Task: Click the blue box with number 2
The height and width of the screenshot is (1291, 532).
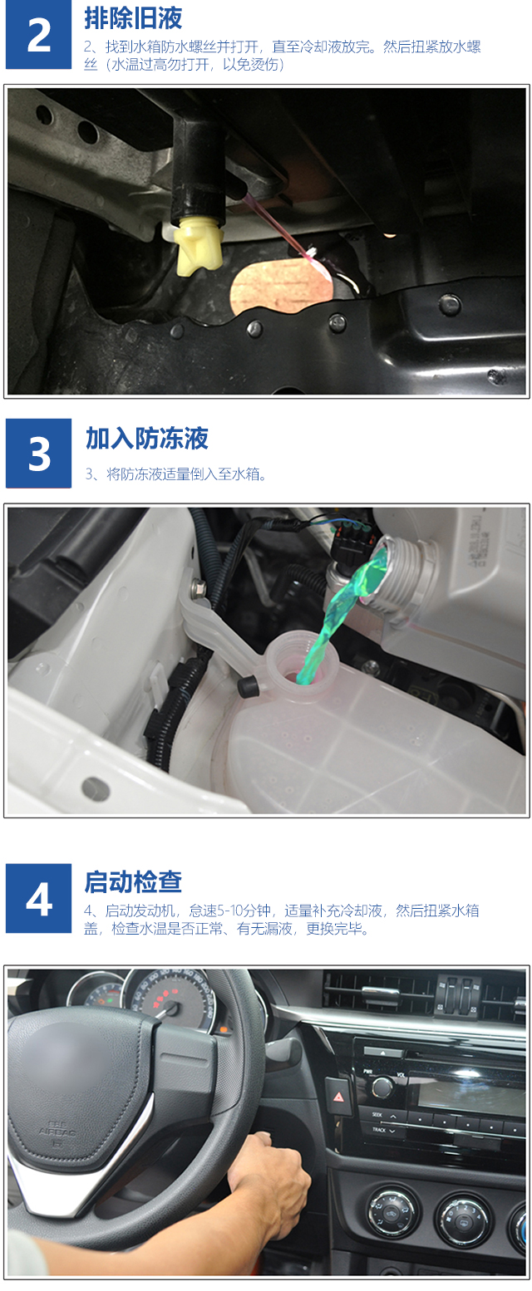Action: pyautogui.click(x=38, y=35)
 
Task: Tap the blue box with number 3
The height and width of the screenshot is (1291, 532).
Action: pyautogui.click(x=38, y=453)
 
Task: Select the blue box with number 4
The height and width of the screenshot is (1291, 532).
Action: pyautogui.click(x=38, y=899)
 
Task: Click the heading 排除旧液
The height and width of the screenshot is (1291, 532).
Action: pyautogui.click(x=133, y=18)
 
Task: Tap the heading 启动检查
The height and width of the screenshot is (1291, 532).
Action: pyautogui.click(x=133, y=881)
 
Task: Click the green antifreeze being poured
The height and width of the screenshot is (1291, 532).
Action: pyautogui.click(x=337, y=611)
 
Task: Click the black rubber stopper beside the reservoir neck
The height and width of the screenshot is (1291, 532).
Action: pyautogui.click(x=248, y=686)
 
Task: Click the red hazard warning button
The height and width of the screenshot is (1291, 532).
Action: pyautogui.click(x=340, y=1096)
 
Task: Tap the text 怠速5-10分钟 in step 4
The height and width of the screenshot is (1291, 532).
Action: pyautogui.click(x=230, y=911)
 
